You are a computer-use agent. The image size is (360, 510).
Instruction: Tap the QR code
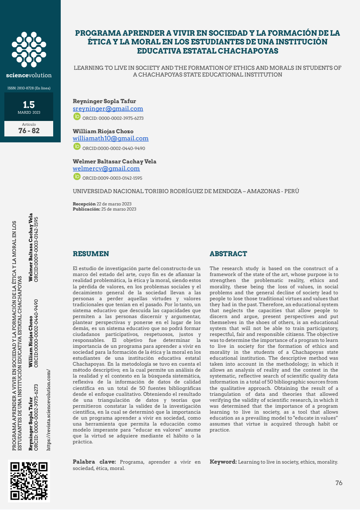pos(29,481)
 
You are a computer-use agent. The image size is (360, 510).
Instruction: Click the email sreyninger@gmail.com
pos(108,109)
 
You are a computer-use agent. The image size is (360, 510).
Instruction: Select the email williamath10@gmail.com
pos(110,138)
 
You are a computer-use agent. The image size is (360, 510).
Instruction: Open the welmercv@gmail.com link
pos(106,169)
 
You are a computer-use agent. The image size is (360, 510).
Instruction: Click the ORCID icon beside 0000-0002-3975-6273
pos(77,117)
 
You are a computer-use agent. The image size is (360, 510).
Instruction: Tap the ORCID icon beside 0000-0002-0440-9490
pos(77,147)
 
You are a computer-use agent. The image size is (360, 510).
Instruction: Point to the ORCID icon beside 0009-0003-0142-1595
pos(77,177)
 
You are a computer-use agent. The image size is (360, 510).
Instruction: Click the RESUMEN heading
pos(90,254)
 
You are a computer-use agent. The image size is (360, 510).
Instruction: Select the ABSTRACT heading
pos(228,254)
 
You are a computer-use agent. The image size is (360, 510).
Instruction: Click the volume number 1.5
pos(29,105)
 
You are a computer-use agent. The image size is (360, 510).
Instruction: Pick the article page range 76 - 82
pos(29,130)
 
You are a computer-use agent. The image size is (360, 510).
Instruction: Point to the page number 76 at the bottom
pos(339,483)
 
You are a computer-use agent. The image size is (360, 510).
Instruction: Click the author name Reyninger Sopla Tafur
pos(104,101)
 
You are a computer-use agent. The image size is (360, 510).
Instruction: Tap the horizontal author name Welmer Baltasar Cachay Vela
pos(114,161)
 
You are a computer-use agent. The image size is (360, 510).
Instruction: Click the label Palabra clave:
pos(94,462)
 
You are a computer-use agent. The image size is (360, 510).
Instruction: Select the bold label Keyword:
pos(223,462)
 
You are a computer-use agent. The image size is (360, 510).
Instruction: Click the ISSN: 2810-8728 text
pos(29,88)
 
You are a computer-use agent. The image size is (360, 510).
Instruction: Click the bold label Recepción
pos(84,204)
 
